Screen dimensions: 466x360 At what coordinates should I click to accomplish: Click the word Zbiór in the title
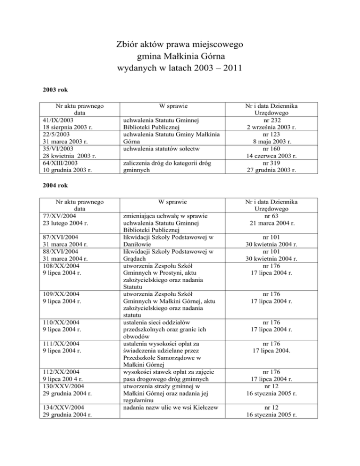(128, 45)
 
